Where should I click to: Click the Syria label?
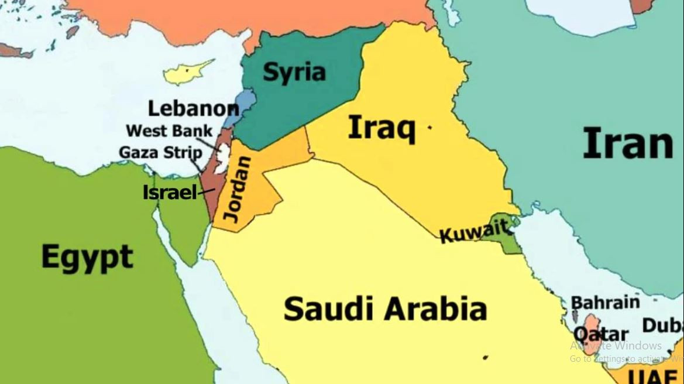[x=294, y=72]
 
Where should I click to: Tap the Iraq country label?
[x=381, y=128]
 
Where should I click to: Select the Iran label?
[x=628, y=144]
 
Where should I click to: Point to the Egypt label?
[x=87, y=258]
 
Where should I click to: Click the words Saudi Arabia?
[x=385, y=308]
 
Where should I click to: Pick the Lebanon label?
[x=193, y=108]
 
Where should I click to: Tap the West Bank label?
[x=169, y=131]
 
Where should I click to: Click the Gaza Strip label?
[x=160, y=153]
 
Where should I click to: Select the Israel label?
[x=170, y=192]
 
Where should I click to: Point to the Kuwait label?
[x=473, y=231]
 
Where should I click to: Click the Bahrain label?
[x=605, y=303]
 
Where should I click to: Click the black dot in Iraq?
[x=430, y=127]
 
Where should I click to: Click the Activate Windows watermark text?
[x=616, y=345]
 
